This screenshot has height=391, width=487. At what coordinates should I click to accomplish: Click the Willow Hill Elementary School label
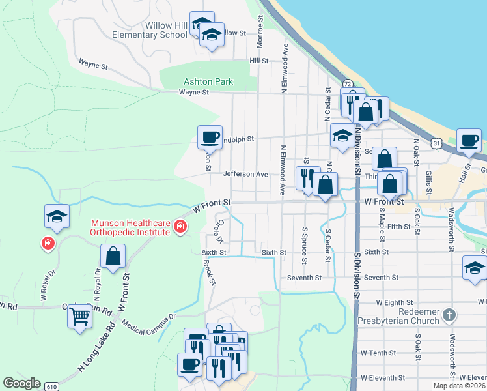149,29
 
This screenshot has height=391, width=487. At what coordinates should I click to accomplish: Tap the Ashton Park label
208,82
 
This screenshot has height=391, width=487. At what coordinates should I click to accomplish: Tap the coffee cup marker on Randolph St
210,137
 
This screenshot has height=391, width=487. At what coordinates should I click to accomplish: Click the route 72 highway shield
348,85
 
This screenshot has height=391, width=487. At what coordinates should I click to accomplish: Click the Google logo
21,383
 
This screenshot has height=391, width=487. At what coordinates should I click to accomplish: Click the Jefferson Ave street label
245,175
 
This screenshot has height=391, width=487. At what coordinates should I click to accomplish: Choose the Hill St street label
259,60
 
